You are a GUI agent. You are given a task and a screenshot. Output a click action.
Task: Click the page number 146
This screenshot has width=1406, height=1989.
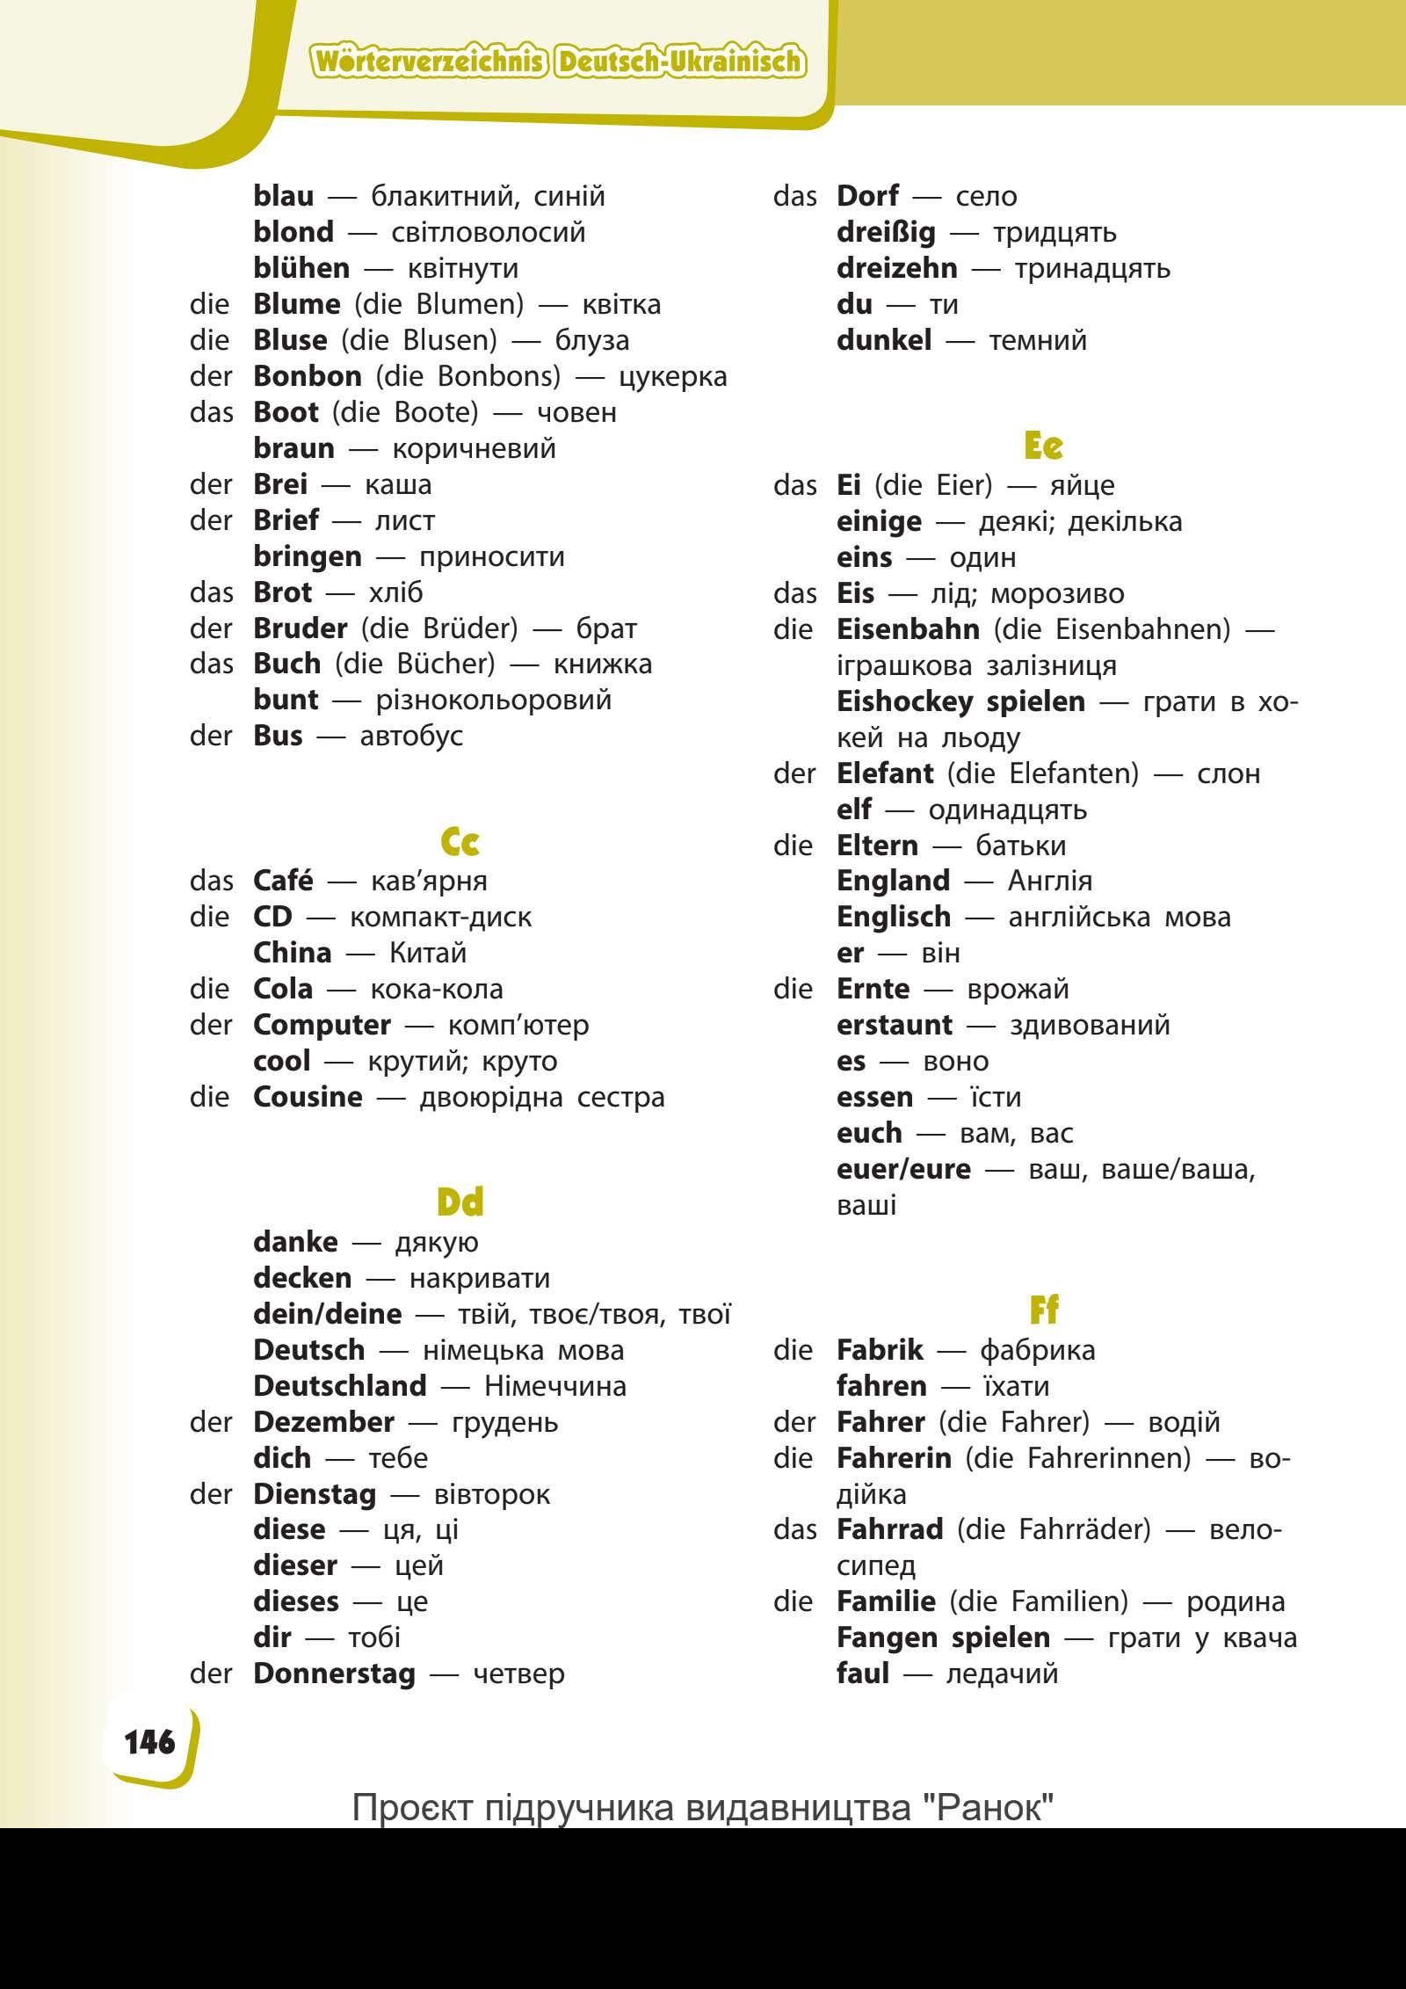tap(150, 1743)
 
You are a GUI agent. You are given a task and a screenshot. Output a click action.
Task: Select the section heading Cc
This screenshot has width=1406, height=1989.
tap(460, 843)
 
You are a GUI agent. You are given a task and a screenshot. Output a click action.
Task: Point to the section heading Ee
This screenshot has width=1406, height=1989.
tap(1044, 446)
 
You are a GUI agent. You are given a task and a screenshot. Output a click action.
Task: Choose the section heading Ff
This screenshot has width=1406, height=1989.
tap(1044, 1311)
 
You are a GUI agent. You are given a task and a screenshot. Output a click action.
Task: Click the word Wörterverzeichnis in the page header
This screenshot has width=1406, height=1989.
tap(431, 62)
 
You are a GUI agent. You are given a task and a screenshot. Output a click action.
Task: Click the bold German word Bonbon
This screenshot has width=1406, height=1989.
tap(308, 376)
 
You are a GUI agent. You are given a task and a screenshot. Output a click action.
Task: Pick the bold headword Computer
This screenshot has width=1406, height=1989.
tap(322, 1025)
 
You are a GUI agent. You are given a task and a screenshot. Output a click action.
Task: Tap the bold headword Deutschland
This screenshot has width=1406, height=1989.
tap(339, 1386)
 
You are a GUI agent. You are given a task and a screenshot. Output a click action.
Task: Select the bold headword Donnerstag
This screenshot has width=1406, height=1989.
tap(334, 1673)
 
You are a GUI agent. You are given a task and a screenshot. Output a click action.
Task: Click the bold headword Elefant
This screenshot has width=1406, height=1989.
tap(885, 773)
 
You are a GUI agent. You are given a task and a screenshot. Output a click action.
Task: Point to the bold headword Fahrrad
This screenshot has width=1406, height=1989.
tap(890, 1529)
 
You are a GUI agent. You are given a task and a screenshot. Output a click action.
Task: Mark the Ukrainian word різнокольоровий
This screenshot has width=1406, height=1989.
tap(493, 701)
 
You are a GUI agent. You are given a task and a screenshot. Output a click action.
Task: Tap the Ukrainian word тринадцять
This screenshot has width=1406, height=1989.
tap(1092, 268)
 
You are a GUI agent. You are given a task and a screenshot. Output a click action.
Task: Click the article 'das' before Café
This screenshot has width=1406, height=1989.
tap(212, 881)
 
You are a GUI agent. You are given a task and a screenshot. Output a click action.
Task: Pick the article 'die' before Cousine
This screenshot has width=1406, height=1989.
tap(209, 1097)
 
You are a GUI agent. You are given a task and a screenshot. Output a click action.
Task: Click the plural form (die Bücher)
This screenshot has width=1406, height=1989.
tap(415, 664)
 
